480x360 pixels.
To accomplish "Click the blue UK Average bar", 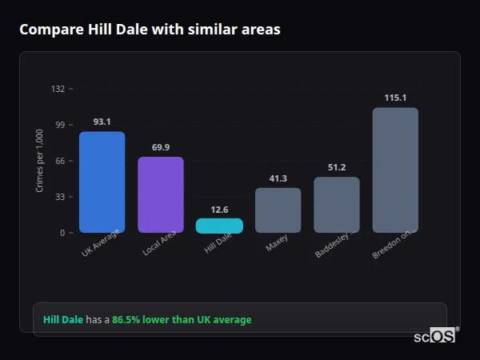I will click(102, 182).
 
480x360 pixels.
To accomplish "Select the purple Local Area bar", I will click(160, 194).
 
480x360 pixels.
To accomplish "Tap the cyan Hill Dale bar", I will click(219, 226).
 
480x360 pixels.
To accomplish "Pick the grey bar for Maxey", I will click(278, 210).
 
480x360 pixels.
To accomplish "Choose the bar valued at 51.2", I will click(336, 205).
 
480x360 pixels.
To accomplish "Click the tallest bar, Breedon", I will click(395, 170).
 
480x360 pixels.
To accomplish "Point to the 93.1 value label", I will click(102, 122).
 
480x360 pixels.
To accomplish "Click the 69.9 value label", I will click(160, 147).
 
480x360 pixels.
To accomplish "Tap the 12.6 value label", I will click(219, 210).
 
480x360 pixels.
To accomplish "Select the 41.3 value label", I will click(278, 178).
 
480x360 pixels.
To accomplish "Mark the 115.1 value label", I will click(395, 98).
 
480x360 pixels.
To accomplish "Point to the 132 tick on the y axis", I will click(58, 89).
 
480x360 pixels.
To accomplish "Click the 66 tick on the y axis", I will click(60, 161).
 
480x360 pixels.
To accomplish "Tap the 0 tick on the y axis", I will click(62, 233).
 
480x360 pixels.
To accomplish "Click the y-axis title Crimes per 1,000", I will click(40, 161).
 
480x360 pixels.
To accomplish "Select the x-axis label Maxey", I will click(277, 243).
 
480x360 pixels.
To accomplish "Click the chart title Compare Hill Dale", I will click(150, 30).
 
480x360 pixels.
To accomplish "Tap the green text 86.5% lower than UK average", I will click(182, 320).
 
